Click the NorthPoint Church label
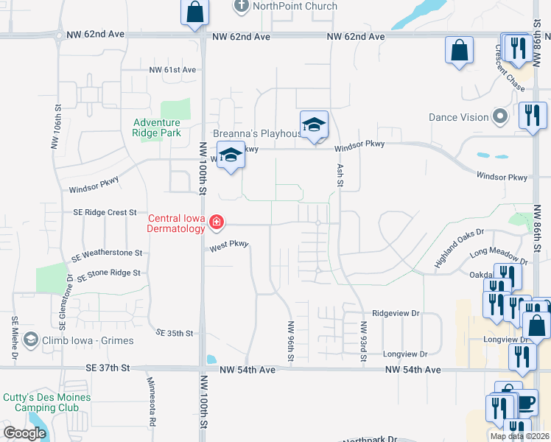pyautogui.click(x=295, y=7)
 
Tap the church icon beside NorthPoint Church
pyautogui.click(x=241, y=7)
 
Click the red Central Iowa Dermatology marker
pyautogui.click(x=216, y=222)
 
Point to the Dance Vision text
pyautogui.click(x=459, y=117)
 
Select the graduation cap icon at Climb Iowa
pyautogui.click(x=30, y=340)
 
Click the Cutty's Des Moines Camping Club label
pyautogui.click(x=47, y=402)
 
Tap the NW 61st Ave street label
pyautogui.click(x=172, y=70)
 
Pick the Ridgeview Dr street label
pyautogui.click(x=395, y=313)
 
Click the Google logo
pyautogui.click(x=25, y=433)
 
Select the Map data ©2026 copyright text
pyautogui.click(x=519, y=436)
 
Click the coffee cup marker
pyautogui.click(x=526, y=403)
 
